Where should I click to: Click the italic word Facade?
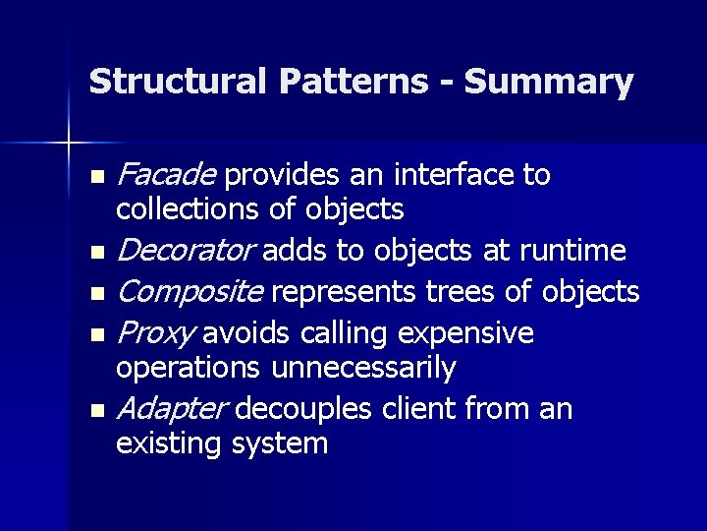click(x=166, y=175)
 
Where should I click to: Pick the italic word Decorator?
click(x=186, y=252)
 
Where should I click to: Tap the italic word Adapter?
click(x=172, y=409)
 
